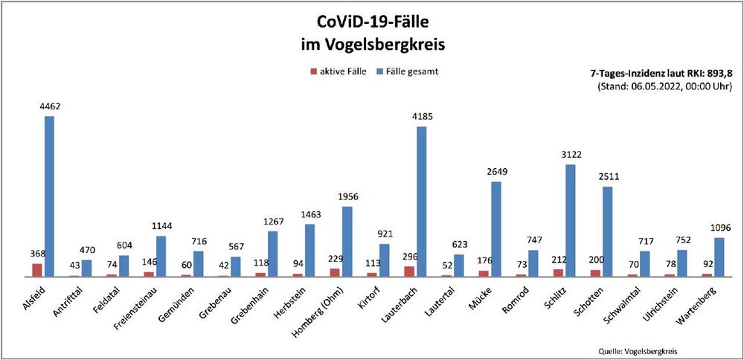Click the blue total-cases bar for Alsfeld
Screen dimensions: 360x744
tap(49, 196)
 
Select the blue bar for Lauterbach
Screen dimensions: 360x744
tap(421, 202)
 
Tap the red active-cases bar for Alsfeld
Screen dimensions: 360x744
tap(37, 269)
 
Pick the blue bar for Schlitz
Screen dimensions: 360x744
tap(570, 220)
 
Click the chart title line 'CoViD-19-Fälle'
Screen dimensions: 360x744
tap(371, 22)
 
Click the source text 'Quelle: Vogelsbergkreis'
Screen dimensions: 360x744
tap(638, 351)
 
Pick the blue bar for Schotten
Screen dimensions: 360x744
tap(607, 231)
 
